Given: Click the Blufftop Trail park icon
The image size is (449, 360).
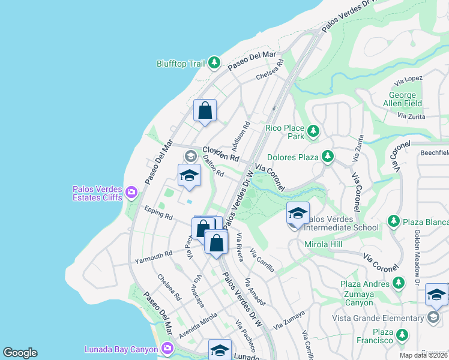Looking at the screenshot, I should pos(214,62).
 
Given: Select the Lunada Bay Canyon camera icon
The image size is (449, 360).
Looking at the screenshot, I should pos(167,348).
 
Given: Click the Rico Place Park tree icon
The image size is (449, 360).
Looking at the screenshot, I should pos(313,131).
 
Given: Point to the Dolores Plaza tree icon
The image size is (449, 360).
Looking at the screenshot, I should pos(327,157).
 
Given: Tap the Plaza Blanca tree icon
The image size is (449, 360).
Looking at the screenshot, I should pos(394,221).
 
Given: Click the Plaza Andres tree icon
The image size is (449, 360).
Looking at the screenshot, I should pos(397,283).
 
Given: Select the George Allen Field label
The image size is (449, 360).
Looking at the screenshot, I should pos(403,100).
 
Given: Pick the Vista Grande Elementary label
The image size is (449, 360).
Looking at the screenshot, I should pos(381,318).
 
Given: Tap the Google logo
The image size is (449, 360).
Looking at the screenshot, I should pos(20,353).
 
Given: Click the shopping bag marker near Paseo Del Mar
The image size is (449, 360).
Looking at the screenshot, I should pos(205,111).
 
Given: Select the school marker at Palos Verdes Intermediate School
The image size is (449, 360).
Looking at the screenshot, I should pos(297,214).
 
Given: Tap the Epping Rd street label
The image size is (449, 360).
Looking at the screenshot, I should pos(158,212).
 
